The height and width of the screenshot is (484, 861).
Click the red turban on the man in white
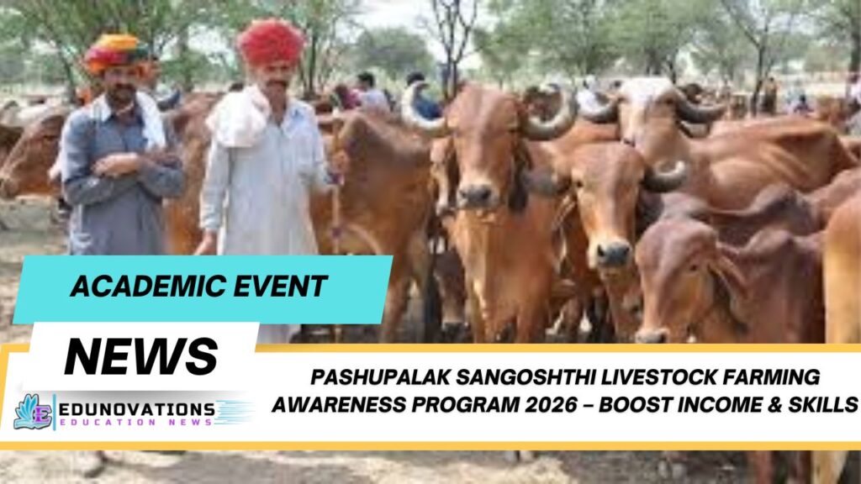(271, 42)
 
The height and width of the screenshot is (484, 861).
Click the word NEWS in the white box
(141, 356)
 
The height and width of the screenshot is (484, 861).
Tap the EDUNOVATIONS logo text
(136, 409)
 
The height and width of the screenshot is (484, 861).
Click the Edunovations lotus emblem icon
(32, 411)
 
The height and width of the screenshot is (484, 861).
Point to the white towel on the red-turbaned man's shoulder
(240, 118)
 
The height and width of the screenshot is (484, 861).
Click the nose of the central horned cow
(477, 195)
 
